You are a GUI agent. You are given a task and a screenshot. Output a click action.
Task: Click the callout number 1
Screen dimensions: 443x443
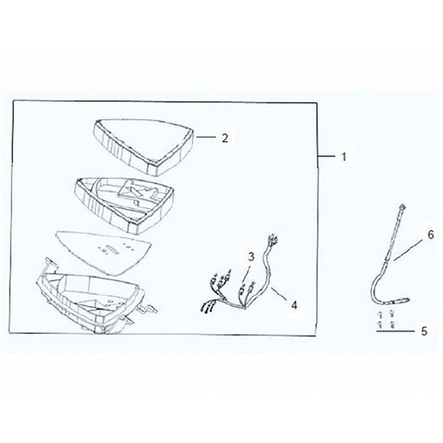pyautogui.click(x=343, y=157)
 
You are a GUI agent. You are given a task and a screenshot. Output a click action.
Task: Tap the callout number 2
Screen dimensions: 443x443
pyautogui.click(x=225, y=138)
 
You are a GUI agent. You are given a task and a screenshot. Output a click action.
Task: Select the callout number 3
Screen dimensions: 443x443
pyautogui.click(x=251, y=257)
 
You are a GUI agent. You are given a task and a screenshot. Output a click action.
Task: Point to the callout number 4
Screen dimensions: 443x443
pyautogui.click(x=295, y=305)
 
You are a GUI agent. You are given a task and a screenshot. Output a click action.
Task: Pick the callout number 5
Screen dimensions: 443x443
pyautogui.click(x=424, y=331)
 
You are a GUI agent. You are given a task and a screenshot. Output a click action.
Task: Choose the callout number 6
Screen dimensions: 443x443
pyautogui.click(x=431, y=235)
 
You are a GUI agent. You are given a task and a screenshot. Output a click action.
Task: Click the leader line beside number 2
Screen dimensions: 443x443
pyautogui.click(x=206, y=137)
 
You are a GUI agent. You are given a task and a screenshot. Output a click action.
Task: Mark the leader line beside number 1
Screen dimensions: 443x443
pyautogui.click(x=327, y=156)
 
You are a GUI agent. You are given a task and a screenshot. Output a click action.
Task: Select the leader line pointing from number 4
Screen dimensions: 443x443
pyautogui.click(x=280, y=293)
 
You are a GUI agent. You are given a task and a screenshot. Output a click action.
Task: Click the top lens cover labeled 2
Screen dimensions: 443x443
pyautogui.click(x=143, y=146)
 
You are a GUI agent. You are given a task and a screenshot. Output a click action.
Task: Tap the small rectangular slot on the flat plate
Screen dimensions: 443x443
pyautogui.click(x=111, y=250)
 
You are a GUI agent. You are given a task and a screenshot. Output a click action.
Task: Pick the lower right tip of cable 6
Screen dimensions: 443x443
pyautogui.click(x=408, y=300)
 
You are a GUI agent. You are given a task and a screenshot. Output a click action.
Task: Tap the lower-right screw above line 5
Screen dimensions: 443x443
pyautogui.click(x=392, y=324)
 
